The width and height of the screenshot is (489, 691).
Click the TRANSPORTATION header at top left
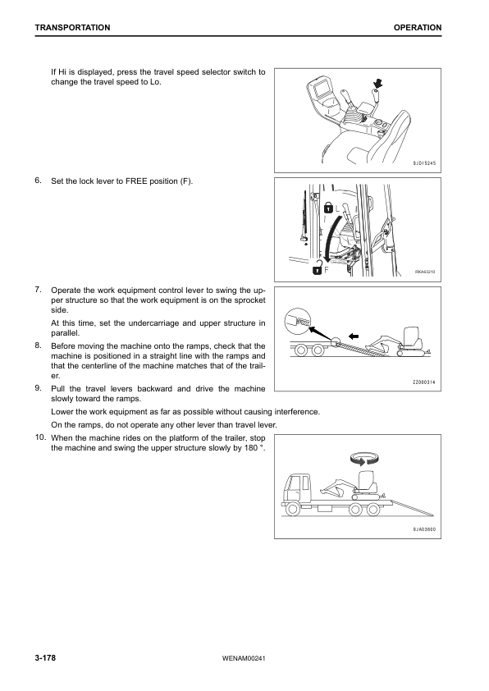(x=73, y=27)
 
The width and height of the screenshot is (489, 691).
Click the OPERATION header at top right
(x=418, y=27)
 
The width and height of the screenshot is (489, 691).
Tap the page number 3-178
(x=45, y=658)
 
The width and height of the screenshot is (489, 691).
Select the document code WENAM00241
(x=244, y=659)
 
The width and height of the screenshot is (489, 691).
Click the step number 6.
(x=39, y=180)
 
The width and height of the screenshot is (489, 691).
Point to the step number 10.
(x=40, y=437)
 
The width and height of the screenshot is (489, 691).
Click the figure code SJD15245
(x=424, y=163)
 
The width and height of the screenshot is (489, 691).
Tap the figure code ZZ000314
(x=424, y=382)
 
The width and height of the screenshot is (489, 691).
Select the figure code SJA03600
(x=424, y=529)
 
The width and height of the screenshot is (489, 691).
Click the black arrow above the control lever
(x=377, y=83)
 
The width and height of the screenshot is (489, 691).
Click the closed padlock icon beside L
(x=328, y=207)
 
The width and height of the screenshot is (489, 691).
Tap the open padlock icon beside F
(x=317, y=268)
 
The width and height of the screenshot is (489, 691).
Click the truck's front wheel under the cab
(x=292, y=510)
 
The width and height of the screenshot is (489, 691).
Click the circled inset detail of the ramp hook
(x=298, y=321)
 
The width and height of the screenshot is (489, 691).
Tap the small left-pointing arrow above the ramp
(x=354, y=336)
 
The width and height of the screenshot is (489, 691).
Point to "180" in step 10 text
(x=249, y=448)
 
